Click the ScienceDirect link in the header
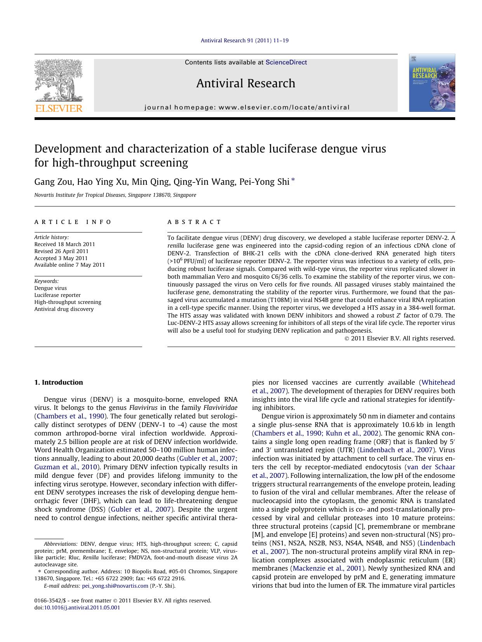(x=286, y=62)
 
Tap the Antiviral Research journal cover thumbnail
(x=432, y=83)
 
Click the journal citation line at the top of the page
(x=244, y=40)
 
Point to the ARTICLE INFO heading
(x=73, y=222)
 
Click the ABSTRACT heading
(x=194, y=222)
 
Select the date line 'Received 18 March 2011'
(x=64, y=244)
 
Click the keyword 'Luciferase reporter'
(x=57, y=295)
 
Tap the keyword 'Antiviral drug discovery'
(x=64, y=309)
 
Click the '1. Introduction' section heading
(x=59, y=382)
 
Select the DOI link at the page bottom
(x=82, y=607)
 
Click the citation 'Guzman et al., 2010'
(x=66, y=467)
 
